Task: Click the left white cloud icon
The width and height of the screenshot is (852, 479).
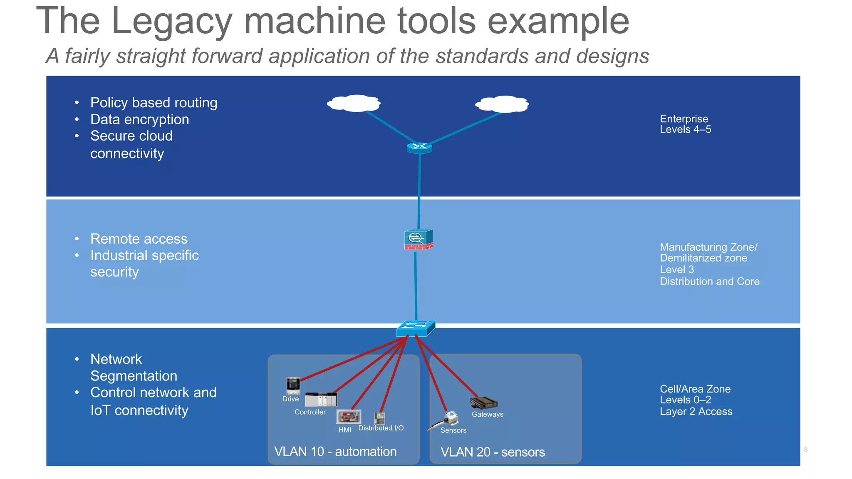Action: click(x=354, y=103)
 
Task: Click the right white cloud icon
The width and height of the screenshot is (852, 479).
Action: click(x=503, y=104)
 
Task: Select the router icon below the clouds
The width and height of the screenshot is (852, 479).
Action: click(x=419, y=147)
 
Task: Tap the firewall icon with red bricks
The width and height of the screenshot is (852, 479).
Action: click(x=419, y=239)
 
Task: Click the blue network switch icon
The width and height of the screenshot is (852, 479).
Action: click(x=416, y=328)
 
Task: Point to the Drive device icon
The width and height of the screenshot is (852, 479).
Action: click(x=293, y=385)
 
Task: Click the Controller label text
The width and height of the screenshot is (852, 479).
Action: click(x=310, y=412)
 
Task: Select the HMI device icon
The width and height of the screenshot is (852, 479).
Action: click(x=349, y=417)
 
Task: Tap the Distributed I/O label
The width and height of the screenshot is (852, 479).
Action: click(x=381, y=428)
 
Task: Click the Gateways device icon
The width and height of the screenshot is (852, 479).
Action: click(x=484, y=403)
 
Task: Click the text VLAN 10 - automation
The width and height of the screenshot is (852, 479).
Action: click(x=335, y=452)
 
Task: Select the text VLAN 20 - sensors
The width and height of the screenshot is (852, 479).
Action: click(x=493, y=452)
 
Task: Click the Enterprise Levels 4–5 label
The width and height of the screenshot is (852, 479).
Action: click(x=685, y=124)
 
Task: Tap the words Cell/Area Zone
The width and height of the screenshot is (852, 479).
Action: click(x=695, y=389)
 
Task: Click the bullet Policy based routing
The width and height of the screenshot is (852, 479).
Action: click(x=154, y=103)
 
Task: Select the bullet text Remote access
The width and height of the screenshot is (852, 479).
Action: click(x=139, y=239)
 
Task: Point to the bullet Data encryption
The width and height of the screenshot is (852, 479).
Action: click(x=139, y=119)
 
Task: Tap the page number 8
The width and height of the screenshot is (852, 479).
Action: click(x=805, y=449)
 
